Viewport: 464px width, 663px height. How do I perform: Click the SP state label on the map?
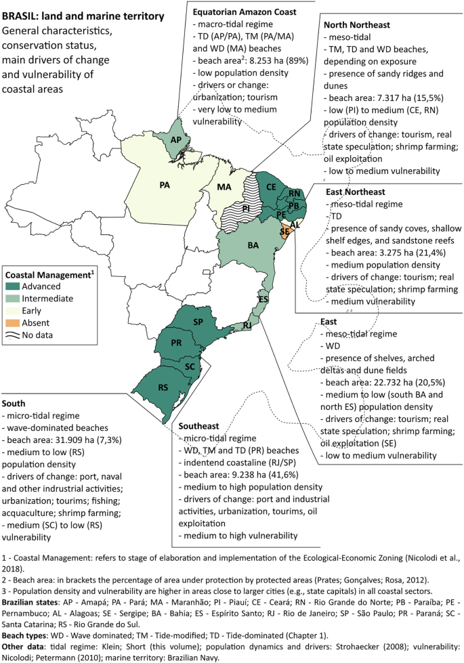coord(199,322)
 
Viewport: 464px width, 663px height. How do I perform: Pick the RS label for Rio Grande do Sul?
coord(165,389)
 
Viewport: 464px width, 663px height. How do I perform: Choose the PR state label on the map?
coord(176,343)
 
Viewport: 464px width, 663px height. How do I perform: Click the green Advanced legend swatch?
coord(14,286)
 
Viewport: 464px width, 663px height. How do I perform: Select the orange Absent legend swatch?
coord(14,322)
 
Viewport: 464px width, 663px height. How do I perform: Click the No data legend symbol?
coord(14,335)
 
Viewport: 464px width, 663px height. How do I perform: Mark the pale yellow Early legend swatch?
coord(14,310)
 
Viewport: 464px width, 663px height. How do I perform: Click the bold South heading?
coord(16,402)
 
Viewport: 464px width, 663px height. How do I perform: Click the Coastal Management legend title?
coord(48,275)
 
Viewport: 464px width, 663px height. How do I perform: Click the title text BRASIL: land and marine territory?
coord(83,14)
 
